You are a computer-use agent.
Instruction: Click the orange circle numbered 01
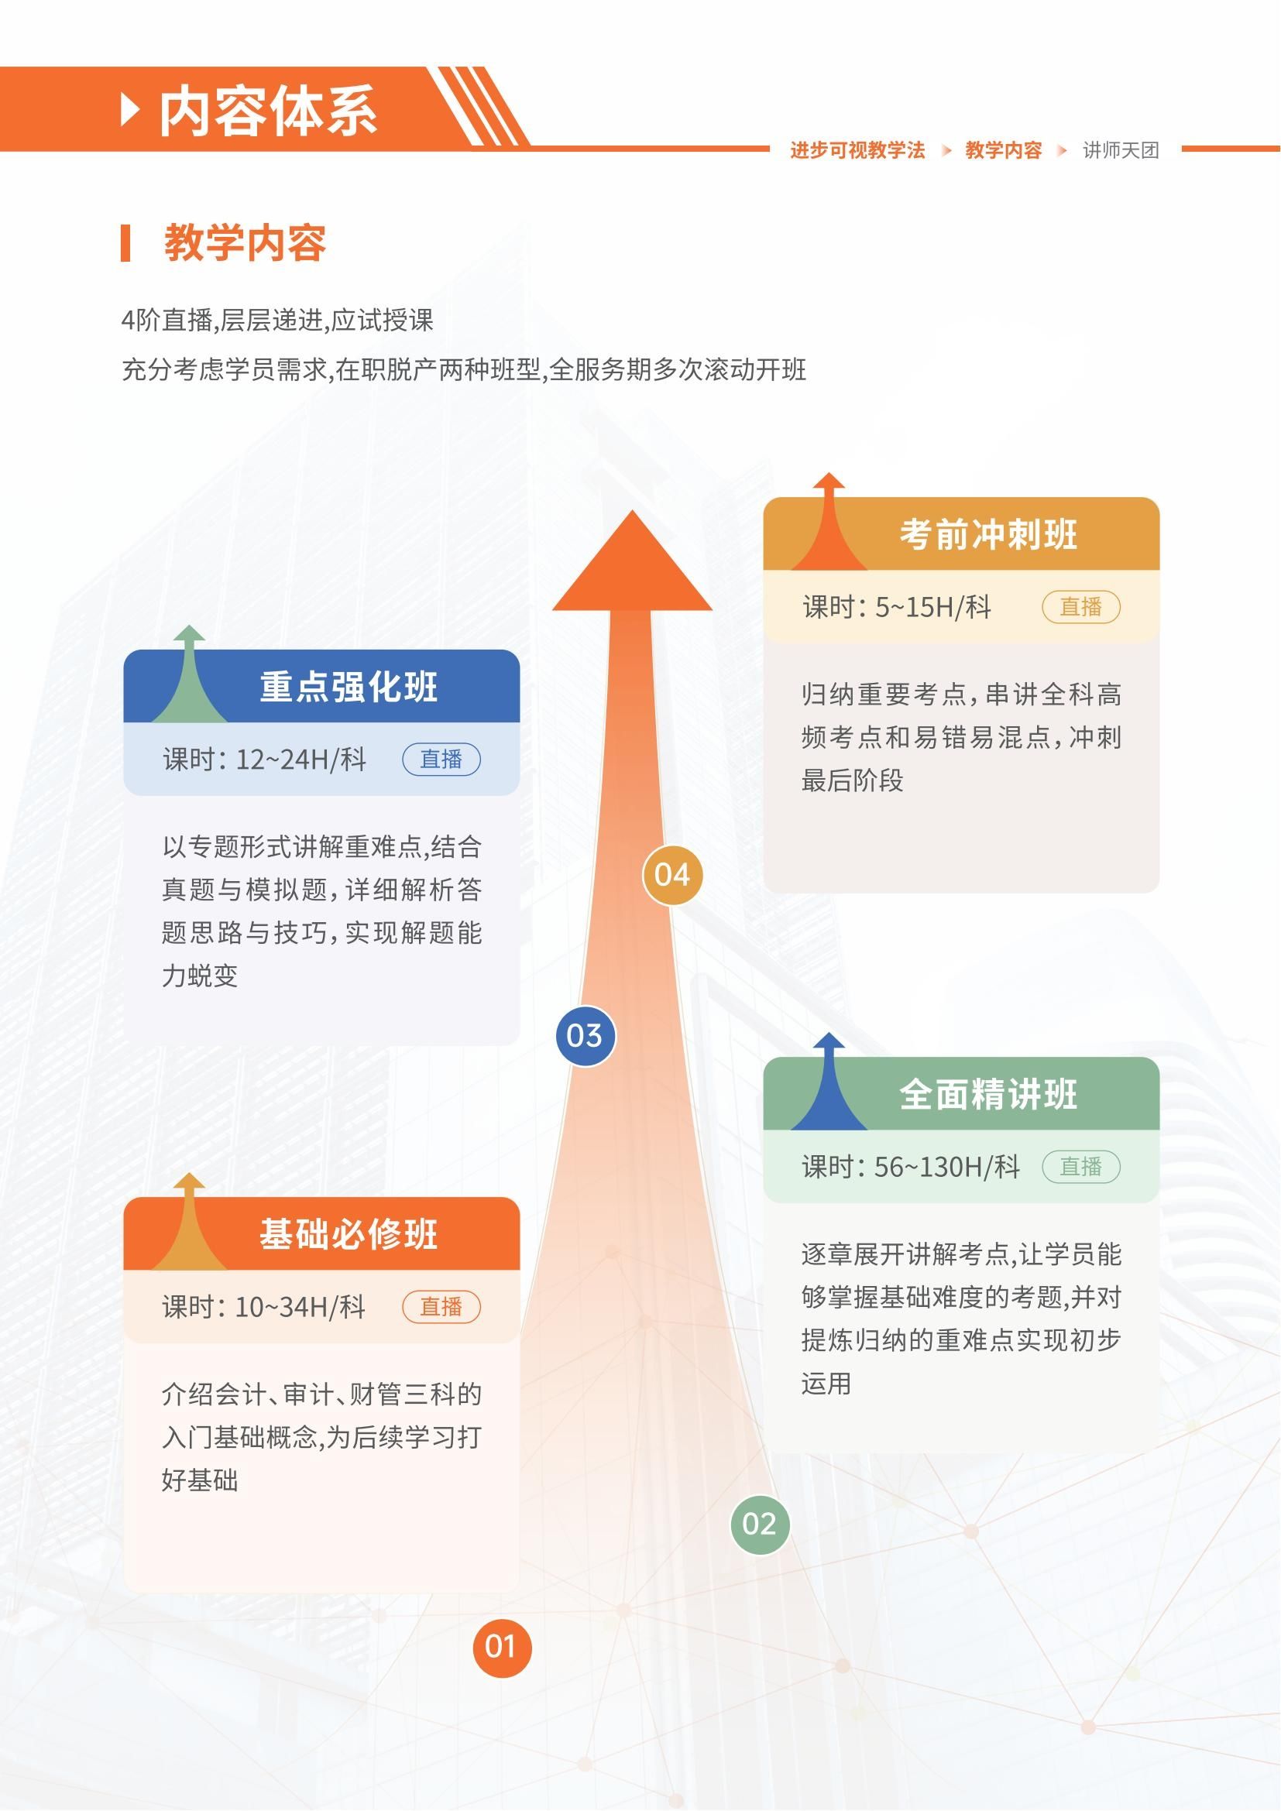[502, 1647]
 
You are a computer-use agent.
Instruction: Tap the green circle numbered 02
[760, 1524]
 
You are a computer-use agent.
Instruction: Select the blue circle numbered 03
[585, 1036]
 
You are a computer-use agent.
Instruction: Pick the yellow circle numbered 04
[672, 875]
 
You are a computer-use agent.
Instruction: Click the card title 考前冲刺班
[988, 535]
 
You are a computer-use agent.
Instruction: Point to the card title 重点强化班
[349, 687]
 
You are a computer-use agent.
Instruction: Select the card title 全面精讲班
[988, 1095]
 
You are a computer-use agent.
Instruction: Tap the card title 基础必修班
[349, 1234]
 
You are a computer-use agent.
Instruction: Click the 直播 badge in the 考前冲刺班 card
[1080, 606]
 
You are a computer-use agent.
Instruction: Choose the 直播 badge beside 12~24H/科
[441, 759]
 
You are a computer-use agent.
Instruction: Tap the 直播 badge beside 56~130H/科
[1080, 1167]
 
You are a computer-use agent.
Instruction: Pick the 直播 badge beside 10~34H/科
[441, 1306]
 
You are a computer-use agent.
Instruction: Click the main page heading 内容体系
[268, 111]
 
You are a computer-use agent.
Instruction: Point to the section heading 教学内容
[246, 242]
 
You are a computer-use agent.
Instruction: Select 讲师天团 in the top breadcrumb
[1121, 150]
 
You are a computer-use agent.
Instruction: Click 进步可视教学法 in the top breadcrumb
[857, 150]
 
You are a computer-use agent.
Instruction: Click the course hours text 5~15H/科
[933, 607]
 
